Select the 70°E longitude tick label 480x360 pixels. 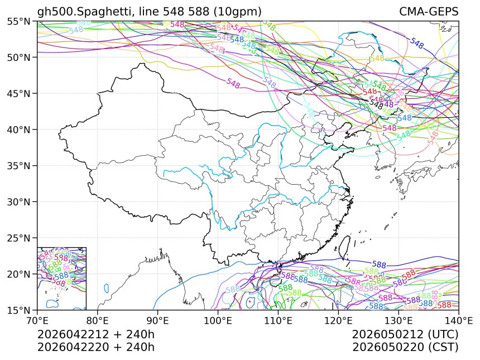pyautogui.click(x=37, y=320)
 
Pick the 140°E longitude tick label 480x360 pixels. pyautogui.click(x=458, y=320)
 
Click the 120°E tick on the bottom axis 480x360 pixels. pyautogui.click(x=338, y=320)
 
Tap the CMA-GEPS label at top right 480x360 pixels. pyautogui.click(x=429, y=12)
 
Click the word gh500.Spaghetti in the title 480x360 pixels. pyautogui.click(x=75, y=12)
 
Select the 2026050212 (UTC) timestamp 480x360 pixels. pyautogui.click(x=405, y=334)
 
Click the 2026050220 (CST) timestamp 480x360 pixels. pyautogui.click(x=405, y=347)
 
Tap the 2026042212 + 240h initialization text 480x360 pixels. pyautogui.click(x=95, y=334)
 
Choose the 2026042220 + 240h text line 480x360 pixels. pyautogui.click(x=95, y=347)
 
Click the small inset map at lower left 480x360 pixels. pyautogui.click(x=61, y=278)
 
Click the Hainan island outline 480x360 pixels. pyautogui.click(x=269, y=279)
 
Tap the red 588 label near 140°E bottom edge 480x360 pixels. pyautogui.click(x=444, y=305)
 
